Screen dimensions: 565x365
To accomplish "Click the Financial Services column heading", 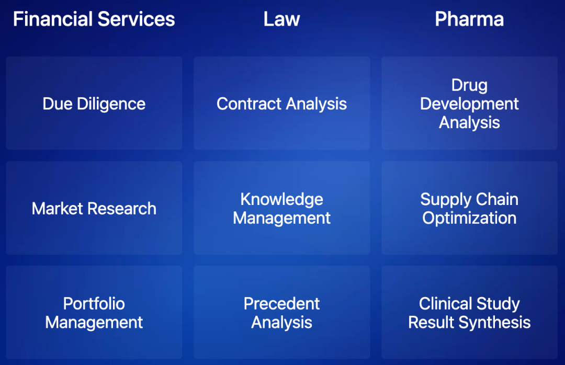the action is coord(94,19).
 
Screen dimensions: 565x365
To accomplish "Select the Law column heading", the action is coord(281,19).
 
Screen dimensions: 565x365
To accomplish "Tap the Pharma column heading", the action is coord(469,19).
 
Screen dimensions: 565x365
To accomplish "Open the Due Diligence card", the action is coord(94,103).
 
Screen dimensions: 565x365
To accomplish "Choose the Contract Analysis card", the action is coord(282,103).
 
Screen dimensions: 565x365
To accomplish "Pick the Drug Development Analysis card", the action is coord(469,103).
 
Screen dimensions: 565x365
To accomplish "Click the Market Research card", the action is coord(94,208).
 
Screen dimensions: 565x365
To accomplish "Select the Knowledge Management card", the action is coord(282,208).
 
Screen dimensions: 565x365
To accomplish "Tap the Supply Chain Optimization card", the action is coord(469,208).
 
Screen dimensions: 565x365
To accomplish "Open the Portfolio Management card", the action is coord(94,312).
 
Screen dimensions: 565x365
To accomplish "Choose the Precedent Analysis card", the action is coord(282,312).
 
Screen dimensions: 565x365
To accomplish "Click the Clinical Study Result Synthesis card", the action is coord(469,312).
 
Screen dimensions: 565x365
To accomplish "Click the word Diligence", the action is coord(111,104).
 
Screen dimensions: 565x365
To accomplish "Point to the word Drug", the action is coord(469,86).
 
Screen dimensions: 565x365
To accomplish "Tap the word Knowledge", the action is coord(282,200).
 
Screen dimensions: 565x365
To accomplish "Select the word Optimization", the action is coord(469,219).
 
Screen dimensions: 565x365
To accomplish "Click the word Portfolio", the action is coord(94,303).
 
